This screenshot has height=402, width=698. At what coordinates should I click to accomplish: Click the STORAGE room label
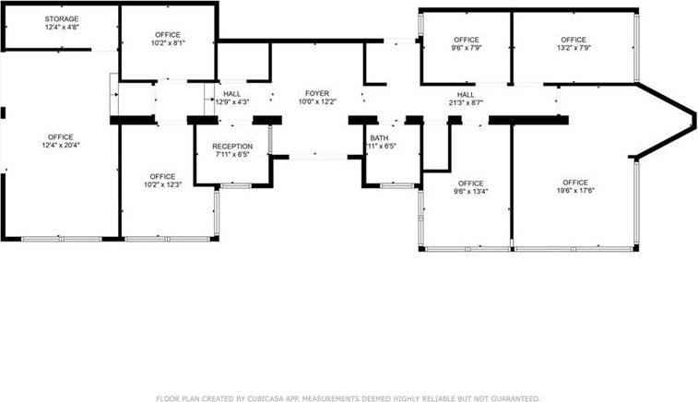[x=62, y=18]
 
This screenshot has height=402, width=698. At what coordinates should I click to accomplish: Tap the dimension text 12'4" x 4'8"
[x=62, y=27]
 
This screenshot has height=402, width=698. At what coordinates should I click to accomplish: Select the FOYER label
[x=317, y=93]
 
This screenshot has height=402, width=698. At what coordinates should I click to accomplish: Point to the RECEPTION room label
[x=232, y=147]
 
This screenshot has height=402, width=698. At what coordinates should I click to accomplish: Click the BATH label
[x=379, y=138]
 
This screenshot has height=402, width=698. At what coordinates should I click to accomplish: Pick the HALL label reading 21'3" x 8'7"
[x=466, y=95]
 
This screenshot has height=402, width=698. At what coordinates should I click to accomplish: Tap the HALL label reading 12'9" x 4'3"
[x=232, y=94]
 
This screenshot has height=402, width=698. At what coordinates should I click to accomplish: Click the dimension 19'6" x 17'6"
[x=575, y=191]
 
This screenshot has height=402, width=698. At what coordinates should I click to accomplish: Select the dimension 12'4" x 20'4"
[x=61, y=145]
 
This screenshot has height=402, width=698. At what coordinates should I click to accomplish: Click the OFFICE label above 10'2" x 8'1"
[x=168, y=35]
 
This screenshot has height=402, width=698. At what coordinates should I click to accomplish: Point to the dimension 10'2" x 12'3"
[x=162, y=184]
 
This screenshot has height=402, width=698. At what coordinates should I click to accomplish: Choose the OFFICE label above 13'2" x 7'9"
[x=574, y=40]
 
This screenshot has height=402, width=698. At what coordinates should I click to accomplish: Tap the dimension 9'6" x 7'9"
[x=467, y=48]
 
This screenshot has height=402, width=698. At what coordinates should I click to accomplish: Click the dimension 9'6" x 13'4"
[x=470, y=192]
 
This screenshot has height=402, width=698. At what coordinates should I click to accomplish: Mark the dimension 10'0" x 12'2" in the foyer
[x=317, y=101]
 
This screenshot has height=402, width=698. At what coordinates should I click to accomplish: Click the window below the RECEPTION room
[x=236, y=185]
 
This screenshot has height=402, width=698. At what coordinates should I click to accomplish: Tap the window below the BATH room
[x=397, y=185]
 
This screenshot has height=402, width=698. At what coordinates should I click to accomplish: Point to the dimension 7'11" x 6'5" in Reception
[x=232, y=155]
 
